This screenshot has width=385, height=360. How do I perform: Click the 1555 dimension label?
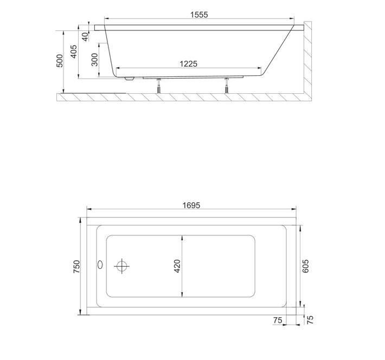[x=199, y=15]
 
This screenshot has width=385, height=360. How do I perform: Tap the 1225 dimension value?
[x=188, y=64]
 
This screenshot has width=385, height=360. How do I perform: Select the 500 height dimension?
[x=60, y=61]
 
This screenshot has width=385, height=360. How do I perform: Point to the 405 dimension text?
[x=74, y=52]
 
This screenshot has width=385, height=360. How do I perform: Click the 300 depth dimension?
[x=94, y=60]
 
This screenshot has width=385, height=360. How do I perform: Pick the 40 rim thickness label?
[x=85, y=37]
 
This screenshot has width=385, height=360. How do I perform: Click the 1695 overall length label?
[x=191, y=205]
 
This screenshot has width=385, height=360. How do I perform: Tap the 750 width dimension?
[x=76, y=267]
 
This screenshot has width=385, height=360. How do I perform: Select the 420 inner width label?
[x=177, y=266]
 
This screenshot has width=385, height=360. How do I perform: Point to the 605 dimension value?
[x=305, y=266]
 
